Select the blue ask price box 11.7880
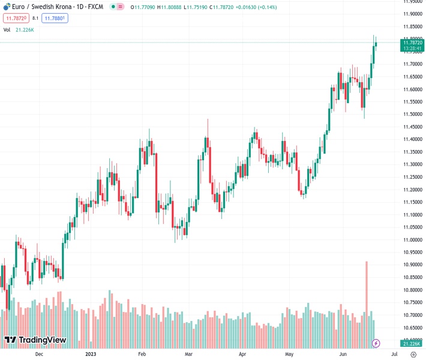[55, 18]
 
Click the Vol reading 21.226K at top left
[25, 29]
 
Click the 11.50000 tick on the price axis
[411, 114]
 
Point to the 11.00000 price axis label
[411, 239]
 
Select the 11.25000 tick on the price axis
[411, 176]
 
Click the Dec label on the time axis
[39, 354]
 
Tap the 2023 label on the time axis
[91, 354]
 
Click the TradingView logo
[35, 340]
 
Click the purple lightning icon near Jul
[376, 343]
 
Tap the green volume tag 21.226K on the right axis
[411, 343]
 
